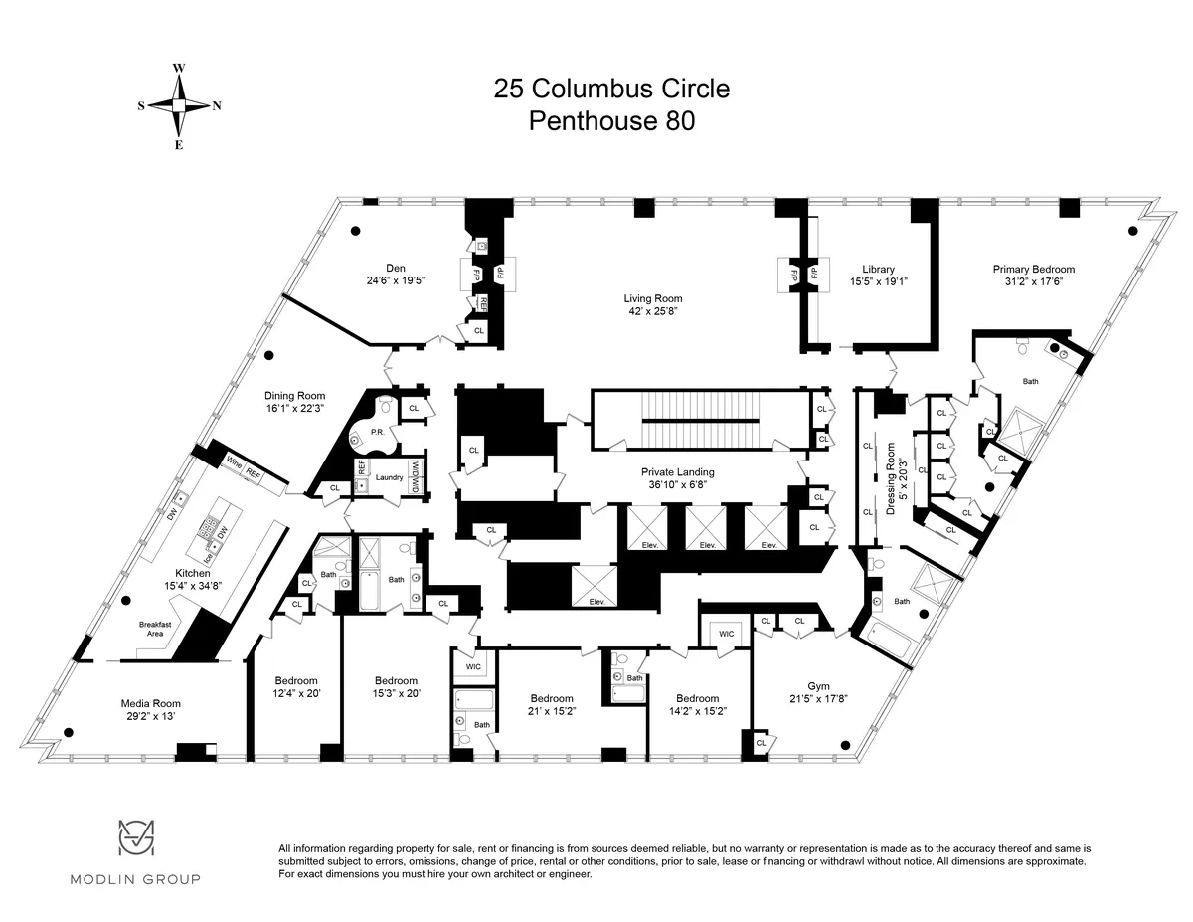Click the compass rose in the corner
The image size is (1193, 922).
tap(179, 105)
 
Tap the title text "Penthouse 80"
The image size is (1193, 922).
tap(611, 121)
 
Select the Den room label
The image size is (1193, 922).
tap(398, 267)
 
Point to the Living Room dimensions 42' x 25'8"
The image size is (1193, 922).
tap(653, 312)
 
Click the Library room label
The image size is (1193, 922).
tap(878, 269)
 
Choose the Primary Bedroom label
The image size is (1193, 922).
tap(1034, 269)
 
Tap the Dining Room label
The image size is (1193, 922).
tap(294, 396)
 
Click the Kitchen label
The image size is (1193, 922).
tap(193, 573)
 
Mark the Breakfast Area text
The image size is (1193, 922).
tap(156, 630)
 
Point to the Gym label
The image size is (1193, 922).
tap(818, 686)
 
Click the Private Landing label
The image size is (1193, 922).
tap(677, 473)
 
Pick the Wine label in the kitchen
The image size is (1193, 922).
tap(235, 461)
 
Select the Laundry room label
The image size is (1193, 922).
tap(389, 477)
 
